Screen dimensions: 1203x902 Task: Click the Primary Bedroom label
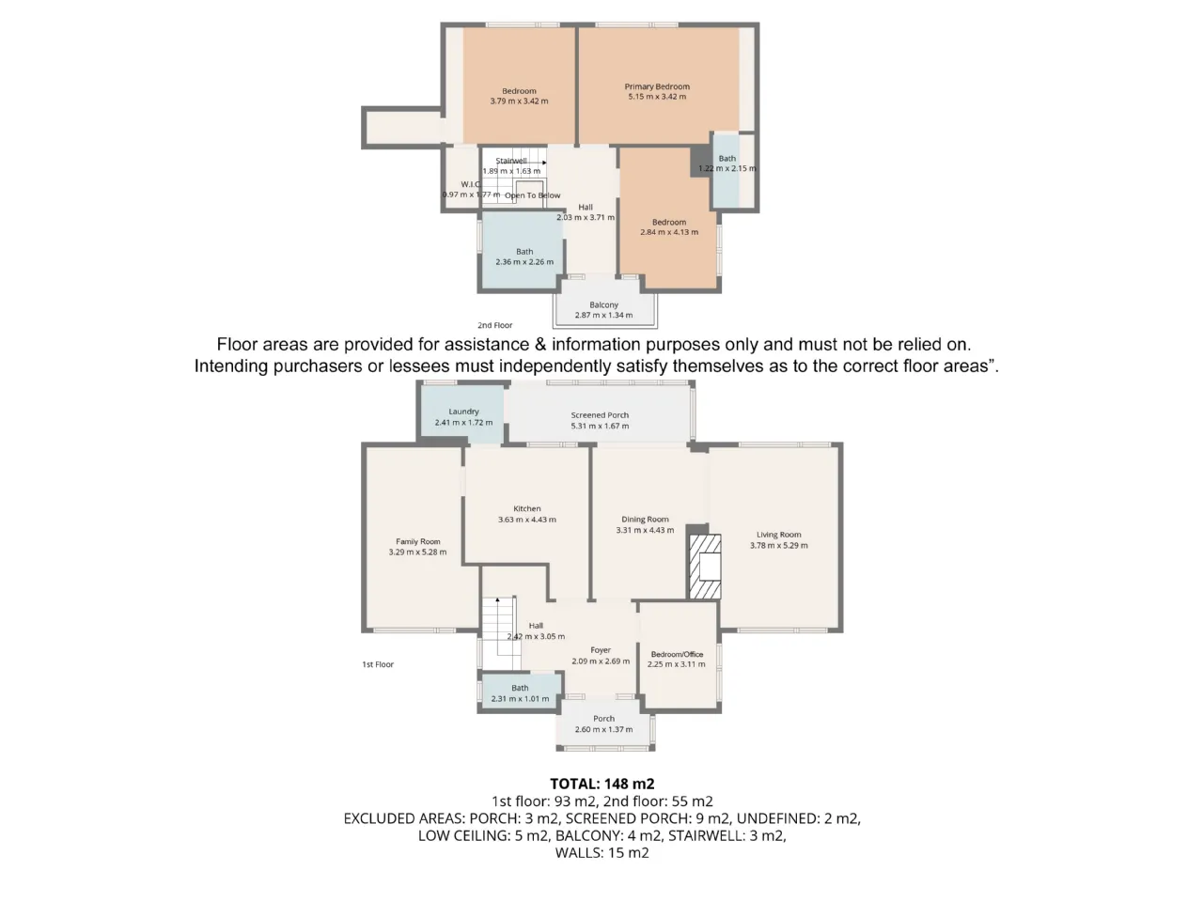pos(657,86)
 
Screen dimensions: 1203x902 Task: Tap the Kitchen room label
pos(526,508)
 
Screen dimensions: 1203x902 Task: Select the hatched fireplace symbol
pos(705,567)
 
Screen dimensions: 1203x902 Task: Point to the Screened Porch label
pos(600,415)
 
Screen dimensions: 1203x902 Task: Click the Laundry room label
pos(463,412)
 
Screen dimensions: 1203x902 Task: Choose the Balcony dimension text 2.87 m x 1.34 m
pos(603,315)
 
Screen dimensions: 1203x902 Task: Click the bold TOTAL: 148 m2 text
pos(601,784)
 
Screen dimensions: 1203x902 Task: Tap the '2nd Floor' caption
pos(495,325)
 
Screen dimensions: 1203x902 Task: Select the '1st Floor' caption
pos(378,664)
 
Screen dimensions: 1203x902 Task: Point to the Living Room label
pos(778,535)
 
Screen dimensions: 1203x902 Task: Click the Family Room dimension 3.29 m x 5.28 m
pos(417,552)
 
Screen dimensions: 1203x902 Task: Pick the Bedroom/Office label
pos(677,654)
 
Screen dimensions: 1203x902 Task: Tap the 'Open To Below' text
pos(532,195)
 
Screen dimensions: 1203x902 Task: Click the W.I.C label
pos(471,184)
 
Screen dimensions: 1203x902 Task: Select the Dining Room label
pos(645,520)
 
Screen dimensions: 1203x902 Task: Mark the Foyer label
pos(601,650)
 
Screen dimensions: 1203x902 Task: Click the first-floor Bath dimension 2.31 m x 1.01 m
pos(520,698)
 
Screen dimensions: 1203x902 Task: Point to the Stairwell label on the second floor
pos(510,161)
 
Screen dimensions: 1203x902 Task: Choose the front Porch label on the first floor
pos(603,719)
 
